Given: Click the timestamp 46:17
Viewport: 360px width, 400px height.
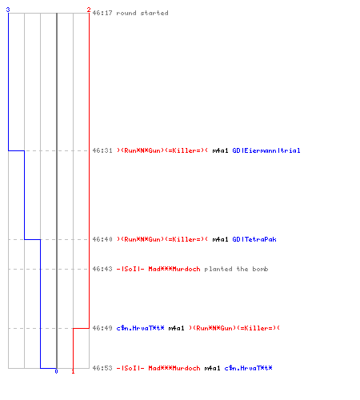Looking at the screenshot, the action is point(102,13).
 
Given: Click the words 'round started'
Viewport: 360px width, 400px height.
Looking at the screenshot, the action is point(142,13).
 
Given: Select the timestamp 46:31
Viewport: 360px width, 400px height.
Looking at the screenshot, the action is point(102,150).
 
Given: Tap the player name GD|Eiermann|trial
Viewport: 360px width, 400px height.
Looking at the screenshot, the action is point(266,150).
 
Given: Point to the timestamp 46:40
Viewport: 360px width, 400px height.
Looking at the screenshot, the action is point(102,239).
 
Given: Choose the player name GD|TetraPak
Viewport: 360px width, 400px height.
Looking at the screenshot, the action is point(254,239).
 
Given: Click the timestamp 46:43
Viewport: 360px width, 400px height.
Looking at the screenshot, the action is point(102,269).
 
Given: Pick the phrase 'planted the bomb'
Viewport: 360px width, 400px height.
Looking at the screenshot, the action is point(236,269).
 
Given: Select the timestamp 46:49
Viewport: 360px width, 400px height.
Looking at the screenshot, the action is point(102,328).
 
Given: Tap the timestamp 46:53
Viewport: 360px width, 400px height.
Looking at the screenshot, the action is point(102,368).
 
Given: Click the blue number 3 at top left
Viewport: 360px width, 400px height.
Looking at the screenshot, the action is point(8,10).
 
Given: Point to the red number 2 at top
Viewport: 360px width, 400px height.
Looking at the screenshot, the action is point(89,10).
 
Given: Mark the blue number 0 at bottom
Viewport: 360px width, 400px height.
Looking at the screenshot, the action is point(56,371).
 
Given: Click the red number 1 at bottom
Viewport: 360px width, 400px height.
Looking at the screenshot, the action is point(73,371).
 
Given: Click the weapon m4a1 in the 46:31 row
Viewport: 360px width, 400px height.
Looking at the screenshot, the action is point(220,150).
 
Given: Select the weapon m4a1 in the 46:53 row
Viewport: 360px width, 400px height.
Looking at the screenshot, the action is point(212,368).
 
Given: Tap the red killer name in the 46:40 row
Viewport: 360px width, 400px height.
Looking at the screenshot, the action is point(162,239).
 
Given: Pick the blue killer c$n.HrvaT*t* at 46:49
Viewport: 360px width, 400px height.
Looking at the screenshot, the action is point(141,328).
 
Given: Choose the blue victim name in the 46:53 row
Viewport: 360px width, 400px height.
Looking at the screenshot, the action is point(249,368).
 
